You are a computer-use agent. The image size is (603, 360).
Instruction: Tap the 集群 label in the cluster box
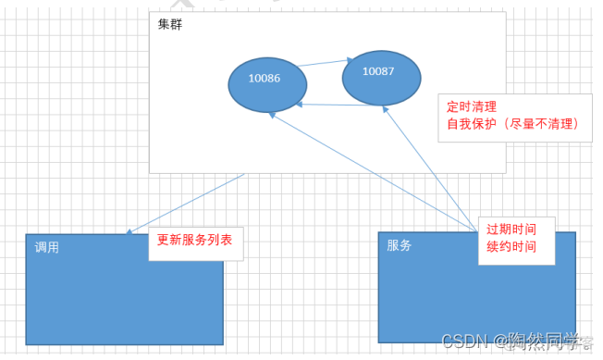pyautogui.click(x=169, y=25)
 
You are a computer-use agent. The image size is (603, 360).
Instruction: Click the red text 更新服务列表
pyautogui.click(x=194, y=239)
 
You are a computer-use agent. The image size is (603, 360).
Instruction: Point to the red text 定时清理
pyautogui.click(x=472, y=106)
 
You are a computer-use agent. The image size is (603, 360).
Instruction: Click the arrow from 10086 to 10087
pyautogui.click(x=323, y=64)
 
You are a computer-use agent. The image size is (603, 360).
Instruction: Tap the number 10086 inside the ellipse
pyautogui.click(x=265, y=79)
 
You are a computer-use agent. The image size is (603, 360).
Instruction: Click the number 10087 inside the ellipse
pyautogui.click(x=377, y=70)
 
